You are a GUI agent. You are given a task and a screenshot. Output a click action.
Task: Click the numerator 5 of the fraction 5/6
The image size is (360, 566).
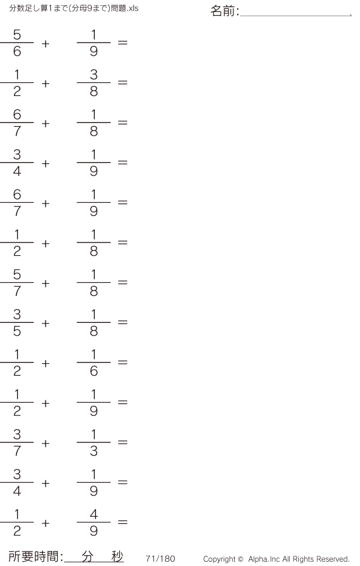[x=17, y=35]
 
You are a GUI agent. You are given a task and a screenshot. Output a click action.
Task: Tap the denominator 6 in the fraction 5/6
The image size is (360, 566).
[x=17, y=51]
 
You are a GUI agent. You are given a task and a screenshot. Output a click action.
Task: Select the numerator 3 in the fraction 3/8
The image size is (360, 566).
[x=94, y=74]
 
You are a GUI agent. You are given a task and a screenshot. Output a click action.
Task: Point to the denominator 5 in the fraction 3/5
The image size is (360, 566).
[x=17, y=331]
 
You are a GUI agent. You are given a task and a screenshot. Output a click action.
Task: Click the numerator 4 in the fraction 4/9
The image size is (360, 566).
[x=94, y=514]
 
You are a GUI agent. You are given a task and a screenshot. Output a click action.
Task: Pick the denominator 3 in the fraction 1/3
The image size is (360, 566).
[x=94, y=451]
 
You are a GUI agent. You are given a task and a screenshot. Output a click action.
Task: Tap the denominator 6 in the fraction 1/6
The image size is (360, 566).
[x=94, y=371]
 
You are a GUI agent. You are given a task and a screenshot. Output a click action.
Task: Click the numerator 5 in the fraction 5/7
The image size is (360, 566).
[x=17, y=274]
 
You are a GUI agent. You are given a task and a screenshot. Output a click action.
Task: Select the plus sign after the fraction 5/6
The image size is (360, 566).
[x=46, y=44]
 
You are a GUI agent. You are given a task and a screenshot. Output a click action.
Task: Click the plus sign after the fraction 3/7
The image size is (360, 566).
[x=46, y=444]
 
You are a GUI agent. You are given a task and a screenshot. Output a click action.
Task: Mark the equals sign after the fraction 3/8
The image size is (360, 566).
[x=122, y=83]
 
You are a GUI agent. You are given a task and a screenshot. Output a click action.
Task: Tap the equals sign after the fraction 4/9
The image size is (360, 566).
[x=122, y=522]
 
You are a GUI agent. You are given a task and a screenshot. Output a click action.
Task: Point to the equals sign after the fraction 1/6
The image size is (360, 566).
[x=122, y=362]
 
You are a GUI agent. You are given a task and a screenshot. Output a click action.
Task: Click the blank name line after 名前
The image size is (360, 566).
[x=296, y=16]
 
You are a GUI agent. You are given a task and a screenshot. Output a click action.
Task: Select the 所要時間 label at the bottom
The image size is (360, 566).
[x=34, y=556]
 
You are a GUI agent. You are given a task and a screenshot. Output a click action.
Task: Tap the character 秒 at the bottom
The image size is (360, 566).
[x=117, y=556]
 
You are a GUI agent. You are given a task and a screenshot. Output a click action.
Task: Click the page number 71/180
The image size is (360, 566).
[x=160, y=559]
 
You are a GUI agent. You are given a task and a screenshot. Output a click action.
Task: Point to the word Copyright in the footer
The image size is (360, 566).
[x=220, y=559]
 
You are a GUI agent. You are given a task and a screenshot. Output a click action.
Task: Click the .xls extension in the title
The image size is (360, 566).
[x=133, y=8]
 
